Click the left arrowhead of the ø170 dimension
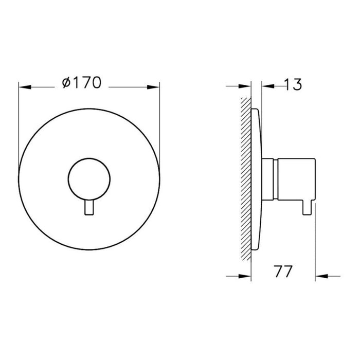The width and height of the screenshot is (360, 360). pos(24,87)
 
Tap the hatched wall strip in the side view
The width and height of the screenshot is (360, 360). pos(245,180)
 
